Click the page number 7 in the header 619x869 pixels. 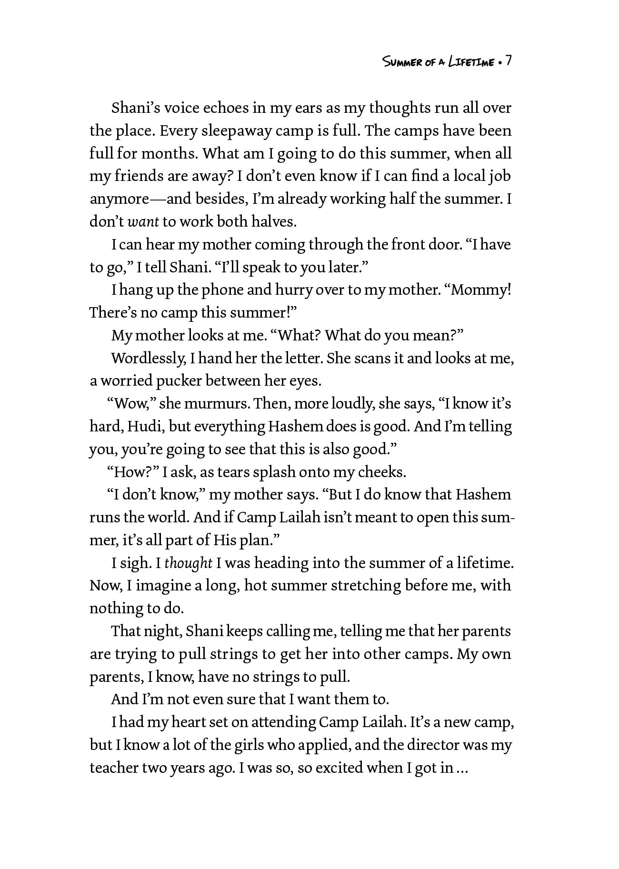(508, 61)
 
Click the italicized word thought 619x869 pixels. (189, 563)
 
